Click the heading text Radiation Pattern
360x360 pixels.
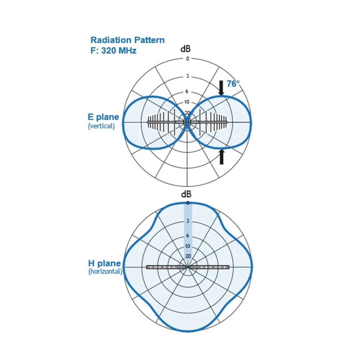click(x=127, y=40)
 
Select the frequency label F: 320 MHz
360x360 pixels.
click(x=113, y=50)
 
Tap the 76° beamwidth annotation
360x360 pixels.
click(x=233, y=84)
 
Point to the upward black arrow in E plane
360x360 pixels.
click(x=221, y=157)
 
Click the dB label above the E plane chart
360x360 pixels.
click(x=186, y=49)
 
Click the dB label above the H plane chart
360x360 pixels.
click(x=186, y=194)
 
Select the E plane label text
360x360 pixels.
click(x=103, y=117)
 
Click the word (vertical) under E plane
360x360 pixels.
click(x=101, y=126)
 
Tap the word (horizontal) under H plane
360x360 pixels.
click(x=105, y=271)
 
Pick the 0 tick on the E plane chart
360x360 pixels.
click(x=188, y=59)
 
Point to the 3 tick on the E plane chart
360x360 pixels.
click(x=188, y=77)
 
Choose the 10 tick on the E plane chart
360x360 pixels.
click(x=187, y=102)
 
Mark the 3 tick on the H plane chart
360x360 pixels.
click(x=188, y=221)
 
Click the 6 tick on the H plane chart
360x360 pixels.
click(x=188, y=235)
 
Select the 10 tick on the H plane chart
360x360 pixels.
click(x=188, y=246)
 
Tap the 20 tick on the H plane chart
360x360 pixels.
click(x=188, y=256)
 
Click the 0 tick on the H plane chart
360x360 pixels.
click(x=188, y=203)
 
